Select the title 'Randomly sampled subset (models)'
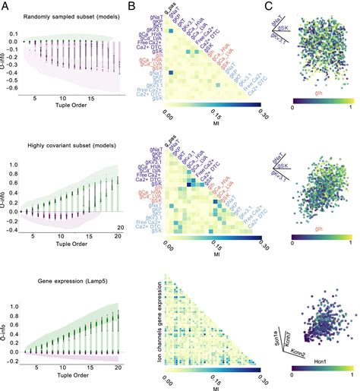click(64, 17)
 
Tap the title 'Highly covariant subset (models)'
click(64, 145)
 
